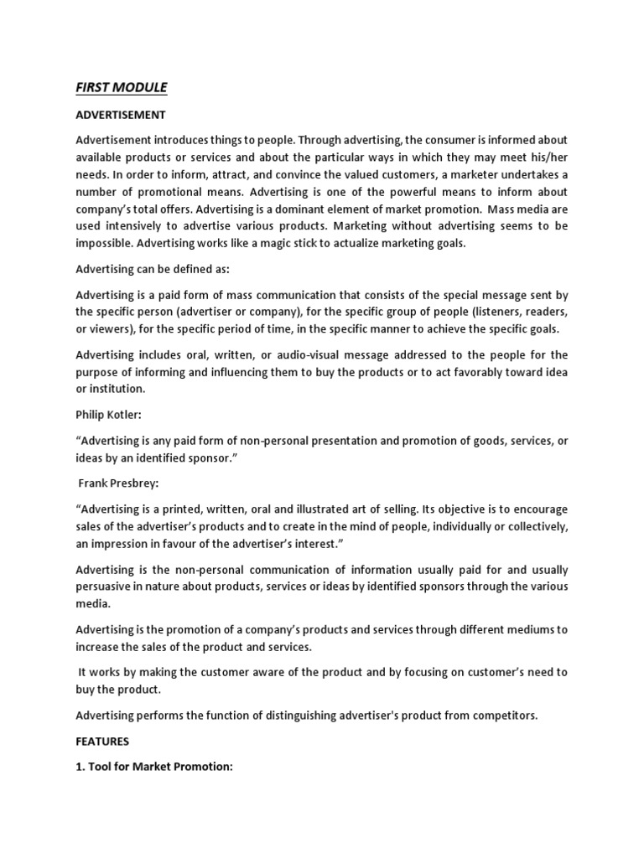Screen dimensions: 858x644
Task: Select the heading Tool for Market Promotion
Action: click(x=154, y=768)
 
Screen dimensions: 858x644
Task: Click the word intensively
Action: click(x=134, y=226)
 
